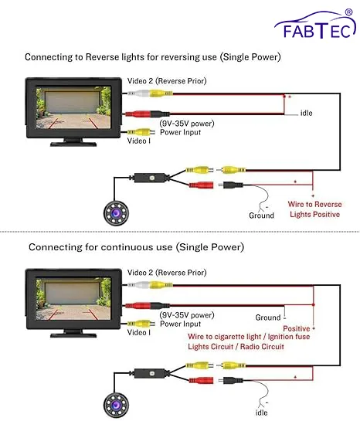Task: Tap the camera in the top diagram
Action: (116, 213)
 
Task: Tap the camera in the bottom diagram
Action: (116, 405)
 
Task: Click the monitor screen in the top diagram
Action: (73, 107)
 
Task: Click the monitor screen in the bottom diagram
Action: (73, 299)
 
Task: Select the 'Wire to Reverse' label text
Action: (314, 205)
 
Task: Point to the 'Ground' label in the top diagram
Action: (261, 216)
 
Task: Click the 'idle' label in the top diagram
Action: (306, 113)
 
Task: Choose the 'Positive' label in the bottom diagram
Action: (297, 328)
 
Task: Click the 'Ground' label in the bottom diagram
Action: (268, 317)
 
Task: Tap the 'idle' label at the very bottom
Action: (261, 413)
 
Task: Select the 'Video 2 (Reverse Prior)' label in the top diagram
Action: (167, 81)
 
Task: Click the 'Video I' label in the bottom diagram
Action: (138, 332)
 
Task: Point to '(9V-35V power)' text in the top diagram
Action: (187, 124)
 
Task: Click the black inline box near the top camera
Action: (151, 178)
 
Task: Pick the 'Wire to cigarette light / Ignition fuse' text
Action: (249, 337)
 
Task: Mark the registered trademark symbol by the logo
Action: (348, 12)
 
